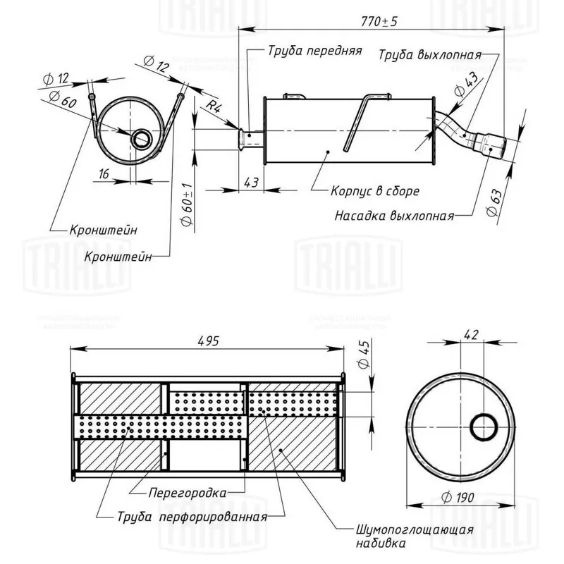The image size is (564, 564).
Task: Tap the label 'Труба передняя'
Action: pyautogui.click(x=314, y=51)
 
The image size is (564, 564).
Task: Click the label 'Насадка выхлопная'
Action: pyautogui.click(x=394, y=216)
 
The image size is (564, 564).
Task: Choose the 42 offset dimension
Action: pyautogui.click(x=472, y=336)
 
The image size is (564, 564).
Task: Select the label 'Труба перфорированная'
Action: pyautogui.click(x=192, y=516)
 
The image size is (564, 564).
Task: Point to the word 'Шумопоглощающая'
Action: pyautogui.click(x=414, y=529)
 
